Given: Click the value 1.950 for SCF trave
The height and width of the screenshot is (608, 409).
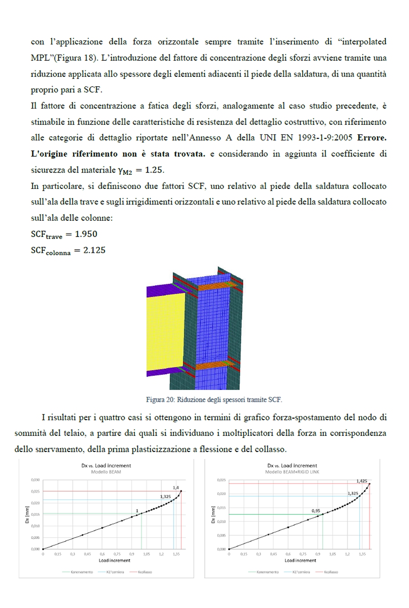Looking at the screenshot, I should pyautogui.click(x=86, y=234).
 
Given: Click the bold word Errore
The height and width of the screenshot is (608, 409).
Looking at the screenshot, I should pyautogui.click(x=372, y=138).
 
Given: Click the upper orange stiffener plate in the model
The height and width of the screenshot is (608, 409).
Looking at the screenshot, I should pyautogui.click(x=216, y=287).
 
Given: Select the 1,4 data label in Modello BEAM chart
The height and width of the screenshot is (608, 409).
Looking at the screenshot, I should pyautogui.click(x=176, y=487).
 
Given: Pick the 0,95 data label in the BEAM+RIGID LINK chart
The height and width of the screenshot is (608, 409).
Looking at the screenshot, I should pyautogui.click(x=316, y=511).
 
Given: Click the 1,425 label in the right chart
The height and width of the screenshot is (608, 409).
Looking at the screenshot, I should pyautogui.click(x=362, y=480).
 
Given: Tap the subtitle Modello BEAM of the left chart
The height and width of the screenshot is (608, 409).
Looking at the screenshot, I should pyautogui.click(x=106, y=472).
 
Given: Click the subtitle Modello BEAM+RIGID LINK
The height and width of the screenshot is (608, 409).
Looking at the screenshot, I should pyautogui.click(x=292, y=472).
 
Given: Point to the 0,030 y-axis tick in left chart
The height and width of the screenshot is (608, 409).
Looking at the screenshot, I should pyautogui.click(x=35, y=479).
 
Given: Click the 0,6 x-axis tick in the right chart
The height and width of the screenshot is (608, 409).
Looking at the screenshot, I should pyautogui.click(x=288, y=554).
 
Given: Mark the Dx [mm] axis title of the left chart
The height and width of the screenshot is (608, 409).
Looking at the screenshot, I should pyautogui.click(x=27, y=514).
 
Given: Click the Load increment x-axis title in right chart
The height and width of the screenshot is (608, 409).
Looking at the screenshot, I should pyautogui.click(x=300, y=560).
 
